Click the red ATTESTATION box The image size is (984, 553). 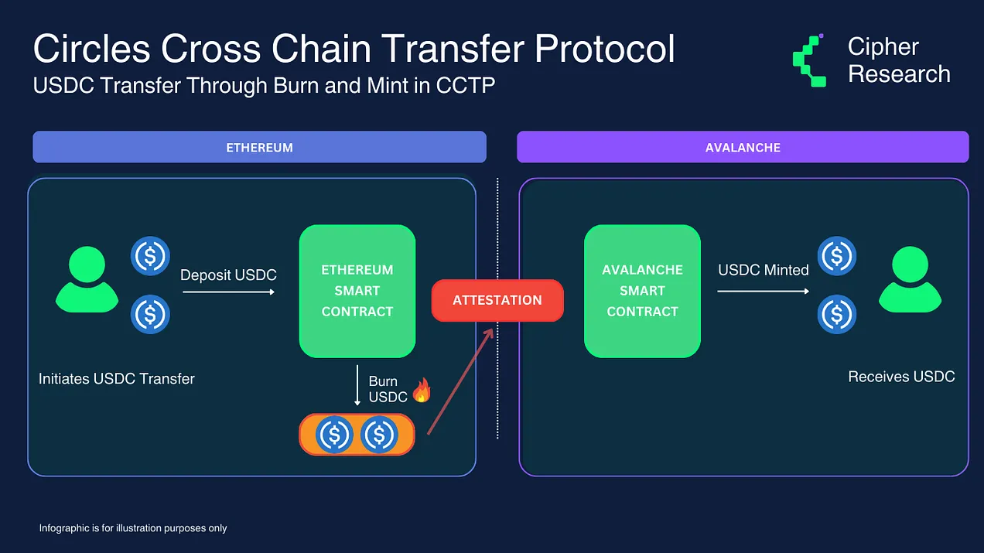pyautogui.click(x=497, y=300)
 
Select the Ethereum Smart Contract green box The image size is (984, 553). pyautogui.click(x=357, y=291)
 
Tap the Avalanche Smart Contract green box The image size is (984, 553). pyautogui.click(x=642, y=291)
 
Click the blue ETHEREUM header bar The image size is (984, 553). pyautogui.click(x=260, y=147)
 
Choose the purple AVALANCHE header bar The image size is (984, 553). pyautogui.click(x=743, y=147)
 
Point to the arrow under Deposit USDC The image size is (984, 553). pyautogui.click(x=229, y=292)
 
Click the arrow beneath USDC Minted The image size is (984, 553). pyautogui.click(x=763, y=292)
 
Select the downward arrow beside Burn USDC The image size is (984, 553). pyautogui.click(x=357, y=384)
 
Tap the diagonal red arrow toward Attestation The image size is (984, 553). pyautogui.click(x=460, y=381)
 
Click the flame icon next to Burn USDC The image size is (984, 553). pyautogui.click(x=422, y=390)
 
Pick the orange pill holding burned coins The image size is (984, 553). pyautogui.click(x=357, y=435)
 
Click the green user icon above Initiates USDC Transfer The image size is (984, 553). pyautogui.click(x=87, y=279)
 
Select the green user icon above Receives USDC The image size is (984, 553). pyautogui.click(x=910, y=279)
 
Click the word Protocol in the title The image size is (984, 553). pyautogui.click(x=604, y=48)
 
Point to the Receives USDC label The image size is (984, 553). pyautogui.click(x=901, y=377)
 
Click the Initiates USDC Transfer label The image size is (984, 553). pyautogui.click(x=116, y=379)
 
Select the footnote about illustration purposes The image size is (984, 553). pyautogui.click(x=133, y=528)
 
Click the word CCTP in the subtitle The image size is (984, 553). pyautogui.click(x=466, y=85)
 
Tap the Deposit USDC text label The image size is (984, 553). pyautogui.click(x=228, y=275)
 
